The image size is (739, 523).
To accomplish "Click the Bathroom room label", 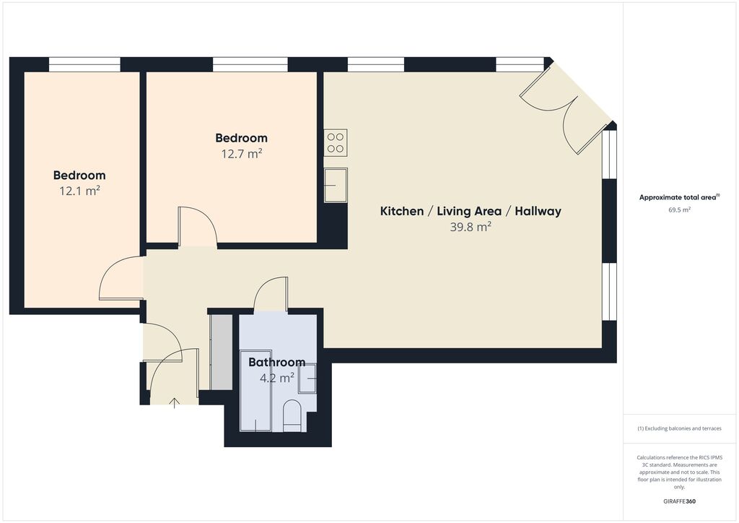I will tap(276, 362).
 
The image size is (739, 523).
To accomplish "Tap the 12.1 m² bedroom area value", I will tap(79, 191).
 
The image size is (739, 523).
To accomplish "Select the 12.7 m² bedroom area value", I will tap(241, 153).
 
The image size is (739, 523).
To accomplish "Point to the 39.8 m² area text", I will tap(471, 227).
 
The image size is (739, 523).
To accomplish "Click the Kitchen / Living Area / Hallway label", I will tap(471, 211).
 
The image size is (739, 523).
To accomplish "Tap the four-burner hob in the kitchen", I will tap(336, 142).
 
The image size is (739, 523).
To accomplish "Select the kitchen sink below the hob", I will tap(336, 185).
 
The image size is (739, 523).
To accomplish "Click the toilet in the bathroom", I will tap(292, 417).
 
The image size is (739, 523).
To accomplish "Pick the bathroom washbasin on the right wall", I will tap(308, 378).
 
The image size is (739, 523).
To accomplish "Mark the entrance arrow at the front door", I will tap(173, 402).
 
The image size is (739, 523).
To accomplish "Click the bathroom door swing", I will tap(271, 295).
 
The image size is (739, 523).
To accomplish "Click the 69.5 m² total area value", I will tap(679, 209).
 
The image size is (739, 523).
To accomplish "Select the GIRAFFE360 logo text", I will tap(679, 501).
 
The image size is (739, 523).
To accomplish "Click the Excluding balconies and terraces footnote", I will tap(679, 428).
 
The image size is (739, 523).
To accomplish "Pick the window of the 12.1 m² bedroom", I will tap(84, 65).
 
